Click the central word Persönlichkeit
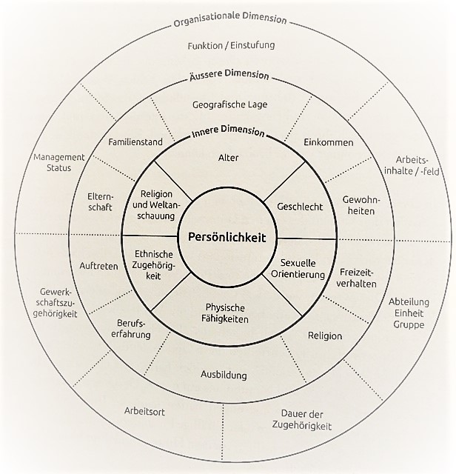click(227, 238)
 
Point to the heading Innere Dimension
click(227, 133)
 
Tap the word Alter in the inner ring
click(228, 158)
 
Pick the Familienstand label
click(135, 141)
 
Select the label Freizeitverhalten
click(358, 277)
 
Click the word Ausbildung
click(224, 375)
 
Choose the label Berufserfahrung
click(133, 329)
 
